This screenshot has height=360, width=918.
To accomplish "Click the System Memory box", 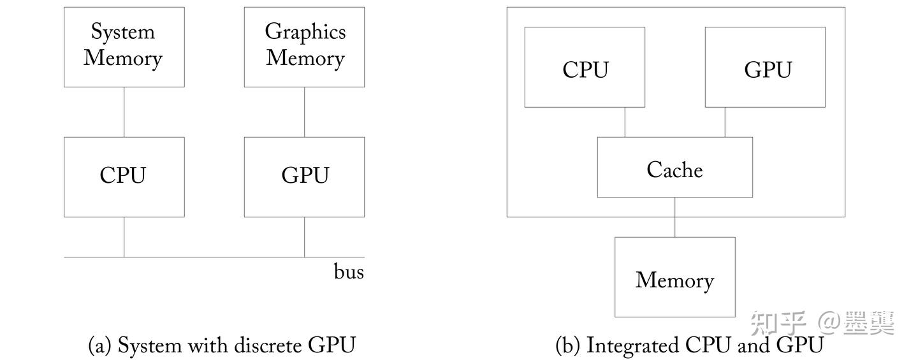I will point(124,47).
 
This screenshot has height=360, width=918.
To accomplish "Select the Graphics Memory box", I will point(304,47).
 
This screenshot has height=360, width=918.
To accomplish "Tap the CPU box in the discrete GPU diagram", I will point(124,176).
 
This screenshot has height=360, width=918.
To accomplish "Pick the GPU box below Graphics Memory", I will point(304,176).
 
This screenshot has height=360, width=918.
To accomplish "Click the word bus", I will point(349,272).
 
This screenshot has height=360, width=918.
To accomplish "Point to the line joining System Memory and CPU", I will point(124,112).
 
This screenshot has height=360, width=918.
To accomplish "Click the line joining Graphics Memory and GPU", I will point(304,112).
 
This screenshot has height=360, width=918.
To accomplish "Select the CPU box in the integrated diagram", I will point(585,67).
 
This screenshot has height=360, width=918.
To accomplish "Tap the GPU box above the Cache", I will point(765,67).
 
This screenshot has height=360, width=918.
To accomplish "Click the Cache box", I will point(674,168).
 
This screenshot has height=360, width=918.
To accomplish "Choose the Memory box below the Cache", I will point(674,277).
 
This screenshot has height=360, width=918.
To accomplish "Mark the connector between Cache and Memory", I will point(674,217).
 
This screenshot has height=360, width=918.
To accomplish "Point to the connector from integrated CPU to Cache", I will point(625,122).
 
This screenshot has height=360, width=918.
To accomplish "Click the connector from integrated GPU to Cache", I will point(725,122).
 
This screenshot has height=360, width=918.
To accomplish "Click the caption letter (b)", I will point(567,346).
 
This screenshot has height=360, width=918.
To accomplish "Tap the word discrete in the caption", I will point(268,346).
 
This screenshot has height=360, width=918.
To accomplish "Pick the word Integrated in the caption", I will point(632,346).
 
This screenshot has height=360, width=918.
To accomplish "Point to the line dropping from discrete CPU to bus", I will point(124,237).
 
